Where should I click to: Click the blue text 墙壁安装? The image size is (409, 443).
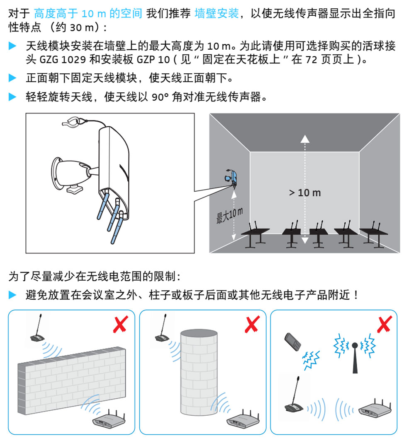217,13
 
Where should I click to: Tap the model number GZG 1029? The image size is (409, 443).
63,60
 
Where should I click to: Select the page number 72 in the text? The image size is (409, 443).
311,60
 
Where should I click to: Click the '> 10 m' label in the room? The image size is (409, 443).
305,193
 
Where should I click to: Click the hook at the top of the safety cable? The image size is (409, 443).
71,121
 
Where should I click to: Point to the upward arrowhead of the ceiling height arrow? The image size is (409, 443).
305,139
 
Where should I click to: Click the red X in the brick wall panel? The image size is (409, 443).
121,324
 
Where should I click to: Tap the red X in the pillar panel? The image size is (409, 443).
252,324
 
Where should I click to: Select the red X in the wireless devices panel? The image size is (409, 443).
385,324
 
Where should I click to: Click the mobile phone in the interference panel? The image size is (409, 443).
293,342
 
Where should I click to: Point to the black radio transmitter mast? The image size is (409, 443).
355,358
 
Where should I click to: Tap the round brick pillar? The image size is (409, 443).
199,372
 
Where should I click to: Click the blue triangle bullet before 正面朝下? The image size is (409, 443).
12,78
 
